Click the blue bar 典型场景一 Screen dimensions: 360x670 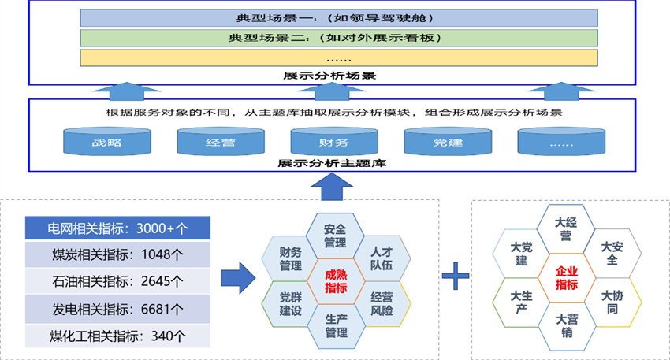click(x=335, y=17)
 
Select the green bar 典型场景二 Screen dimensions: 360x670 click(x=335, y=37)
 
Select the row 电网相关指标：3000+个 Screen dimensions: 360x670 click(x=117, y=228)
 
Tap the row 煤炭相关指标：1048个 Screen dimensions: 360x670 click(x=117, y=254)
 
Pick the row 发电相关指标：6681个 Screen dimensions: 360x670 click(x=117, y=308)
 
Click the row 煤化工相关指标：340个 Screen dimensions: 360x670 click(x=117, y=335)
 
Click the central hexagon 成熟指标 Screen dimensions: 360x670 click(x=336, y=279)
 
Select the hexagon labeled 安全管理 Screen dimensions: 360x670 click(x=336, y=235)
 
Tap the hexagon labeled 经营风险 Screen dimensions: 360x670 click(x=382, y=303)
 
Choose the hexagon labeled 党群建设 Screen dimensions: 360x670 click(x=291, y=303)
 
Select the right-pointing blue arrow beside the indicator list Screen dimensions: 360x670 click(x=237, y=276)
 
